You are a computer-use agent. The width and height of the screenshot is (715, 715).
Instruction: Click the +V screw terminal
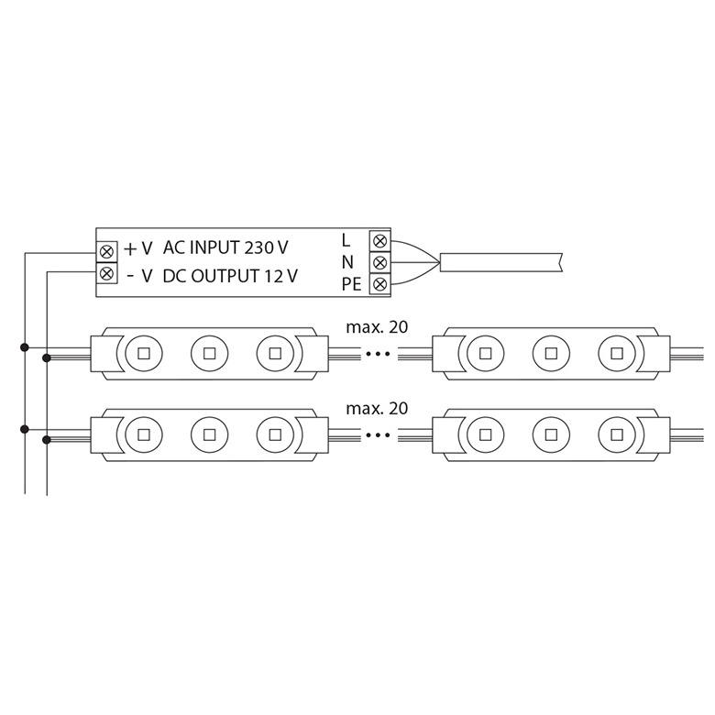(106, 251)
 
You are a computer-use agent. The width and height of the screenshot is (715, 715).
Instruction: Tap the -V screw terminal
(106, 273)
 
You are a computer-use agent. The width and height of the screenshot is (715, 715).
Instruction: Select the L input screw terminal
(379, 240)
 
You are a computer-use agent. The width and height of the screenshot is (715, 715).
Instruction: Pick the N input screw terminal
(379, 263)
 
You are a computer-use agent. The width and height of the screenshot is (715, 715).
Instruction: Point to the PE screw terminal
(379, 284)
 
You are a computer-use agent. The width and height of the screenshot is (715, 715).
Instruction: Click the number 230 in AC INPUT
(260, 247)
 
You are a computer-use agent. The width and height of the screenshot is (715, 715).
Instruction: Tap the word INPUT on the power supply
(214, 247)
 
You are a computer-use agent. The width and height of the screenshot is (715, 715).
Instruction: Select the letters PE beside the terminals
(352, 284)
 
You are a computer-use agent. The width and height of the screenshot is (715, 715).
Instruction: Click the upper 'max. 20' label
(377, 327)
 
